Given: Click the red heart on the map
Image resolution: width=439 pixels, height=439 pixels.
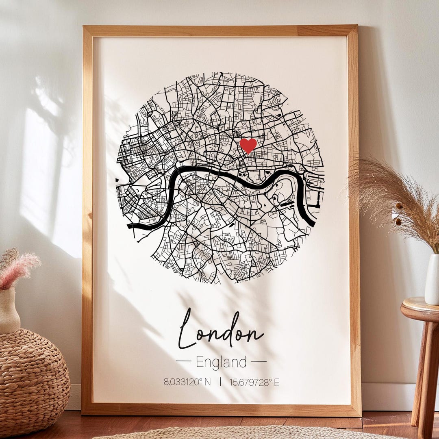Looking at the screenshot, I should point(248,145).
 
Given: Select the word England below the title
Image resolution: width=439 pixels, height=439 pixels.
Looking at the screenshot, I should point(221,362).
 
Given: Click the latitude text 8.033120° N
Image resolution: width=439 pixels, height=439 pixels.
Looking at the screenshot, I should point(187,382).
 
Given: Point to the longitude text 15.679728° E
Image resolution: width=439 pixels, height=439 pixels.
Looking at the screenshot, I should point(254,382).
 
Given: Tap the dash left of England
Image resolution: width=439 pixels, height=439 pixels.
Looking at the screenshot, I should point(183,361).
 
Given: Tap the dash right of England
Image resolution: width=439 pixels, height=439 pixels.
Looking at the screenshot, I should point(259,361).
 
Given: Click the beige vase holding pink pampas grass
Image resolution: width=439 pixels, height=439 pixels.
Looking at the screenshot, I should point(9,311).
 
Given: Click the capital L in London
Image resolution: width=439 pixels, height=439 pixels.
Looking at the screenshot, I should point(186,329).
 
